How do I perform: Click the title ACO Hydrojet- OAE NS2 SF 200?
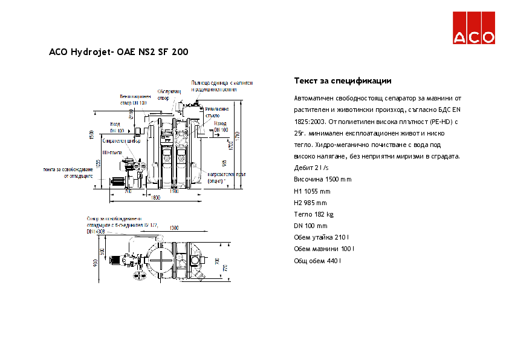[x=118, y=52]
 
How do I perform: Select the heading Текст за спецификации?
[x=343, y=80]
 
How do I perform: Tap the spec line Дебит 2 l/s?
[x=311, y=168]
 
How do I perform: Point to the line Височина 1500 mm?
[x=322, y=179]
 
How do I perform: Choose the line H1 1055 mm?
[x=312, y=191]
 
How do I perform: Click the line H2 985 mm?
[x=310, y=203]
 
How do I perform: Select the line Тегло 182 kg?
[x=313, y=214]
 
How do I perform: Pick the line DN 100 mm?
[x=310, y=226]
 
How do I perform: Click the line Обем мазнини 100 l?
[x=324, y=249]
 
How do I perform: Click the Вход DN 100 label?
[x=117, y=128]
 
